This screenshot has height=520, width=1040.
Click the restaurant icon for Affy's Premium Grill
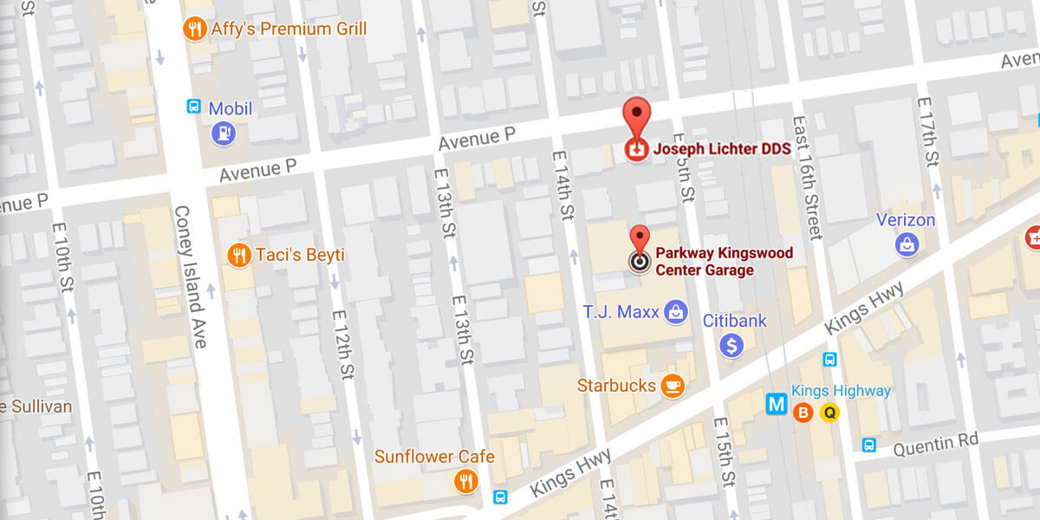(x=195, y=29)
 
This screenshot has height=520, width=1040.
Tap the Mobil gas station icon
(x=224, y=133)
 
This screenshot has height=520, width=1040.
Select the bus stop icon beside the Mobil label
(x=195, y=107)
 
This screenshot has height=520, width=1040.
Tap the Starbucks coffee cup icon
(x=672, y=386)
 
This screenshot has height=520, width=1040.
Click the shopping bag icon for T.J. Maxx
(x=677, y=311)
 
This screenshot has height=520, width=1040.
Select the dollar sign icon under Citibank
(x=732, y=346)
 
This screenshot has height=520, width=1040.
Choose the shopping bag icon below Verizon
(x=907, y=245)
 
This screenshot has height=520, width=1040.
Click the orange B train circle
(x=803, y=413)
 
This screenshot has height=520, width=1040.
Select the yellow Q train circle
(x=829, y=413)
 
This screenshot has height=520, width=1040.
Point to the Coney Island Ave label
(x=191, y=276)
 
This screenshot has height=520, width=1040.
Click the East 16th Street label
(x=805, y=178)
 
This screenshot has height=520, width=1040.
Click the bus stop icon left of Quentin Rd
(x=869, y=445)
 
